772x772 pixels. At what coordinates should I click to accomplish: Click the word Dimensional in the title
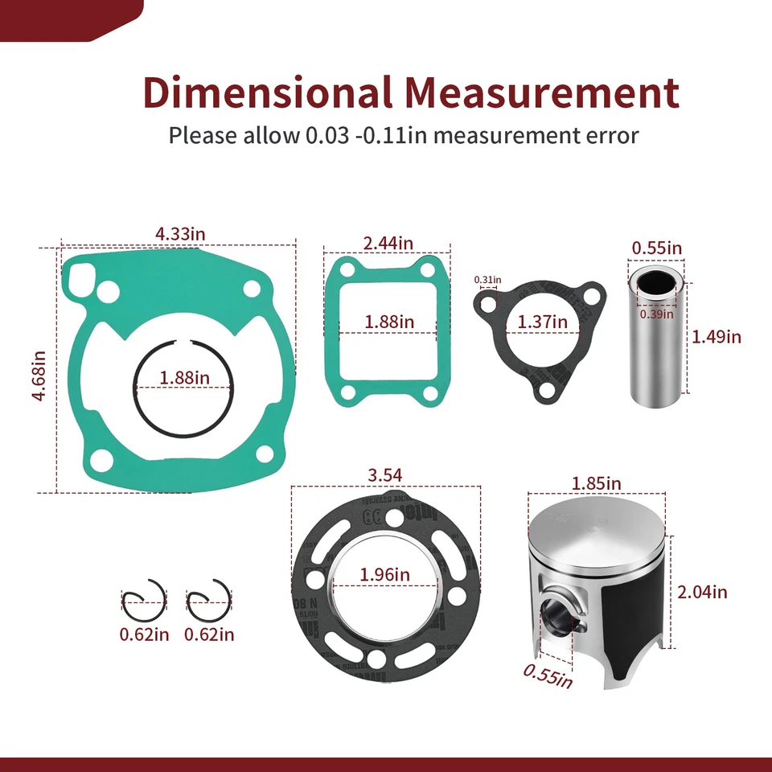[266, 92]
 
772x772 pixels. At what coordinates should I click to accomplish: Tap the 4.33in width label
[180, 234]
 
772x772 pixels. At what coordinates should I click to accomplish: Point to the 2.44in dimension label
[388, 242]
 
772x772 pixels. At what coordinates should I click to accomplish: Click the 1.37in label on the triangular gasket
[542, 322]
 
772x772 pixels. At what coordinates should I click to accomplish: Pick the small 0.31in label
[487, 280]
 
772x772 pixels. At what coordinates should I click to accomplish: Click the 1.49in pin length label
[717, 336]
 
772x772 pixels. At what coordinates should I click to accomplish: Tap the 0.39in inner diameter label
[656, 314]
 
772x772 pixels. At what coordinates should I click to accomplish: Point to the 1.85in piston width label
[596, 483]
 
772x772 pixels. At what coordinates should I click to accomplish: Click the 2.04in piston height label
[702, 592]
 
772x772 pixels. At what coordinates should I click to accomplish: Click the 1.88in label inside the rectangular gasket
[389, 322]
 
